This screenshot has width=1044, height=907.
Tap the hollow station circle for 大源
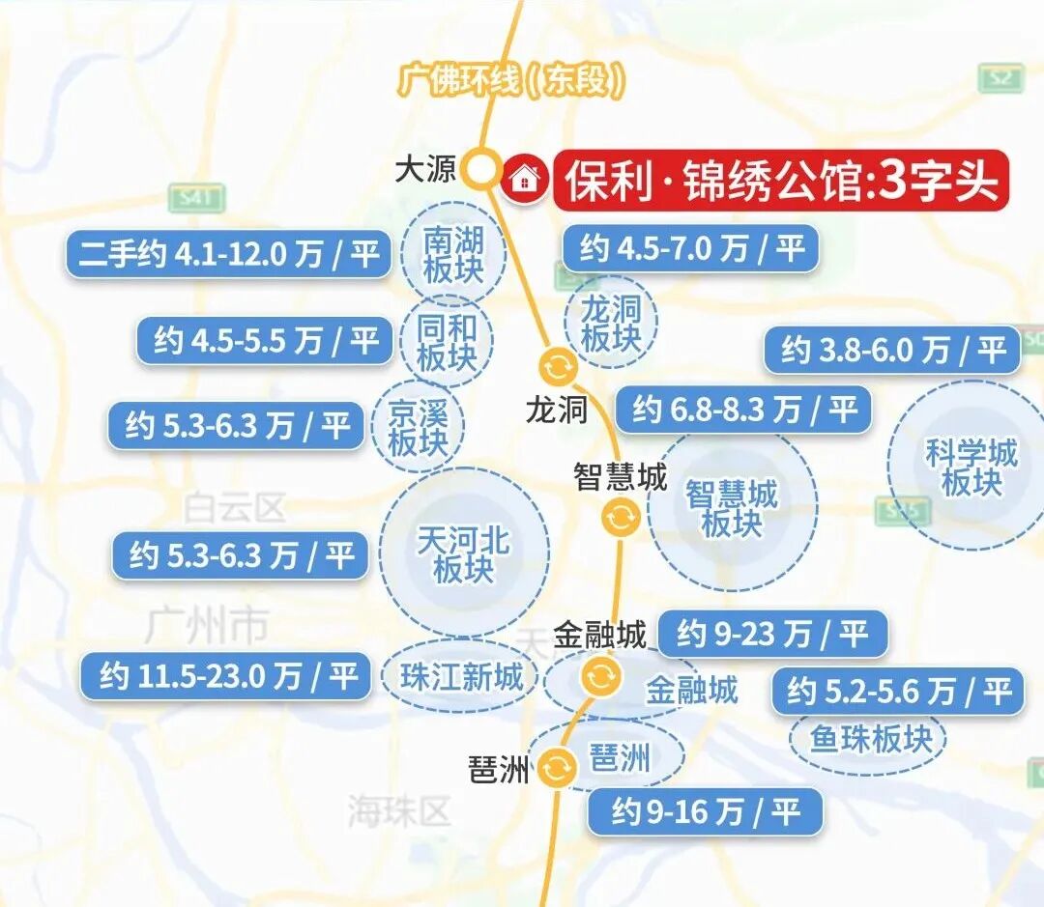(480, 170)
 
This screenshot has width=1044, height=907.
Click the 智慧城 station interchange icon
(620, 518)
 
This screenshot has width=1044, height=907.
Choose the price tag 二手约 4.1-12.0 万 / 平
(228, 255)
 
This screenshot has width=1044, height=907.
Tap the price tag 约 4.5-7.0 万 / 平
(691, 249)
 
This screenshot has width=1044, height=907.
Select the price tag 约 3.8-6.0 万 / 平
(892, 350)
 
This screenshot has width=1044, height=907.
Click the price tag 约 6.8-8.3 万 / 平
(743, 410)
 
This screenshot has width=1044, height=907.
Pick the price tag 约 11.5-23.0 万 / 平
(226, 676)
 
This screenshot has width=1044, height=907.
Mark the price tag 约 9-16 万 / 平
(706, 811)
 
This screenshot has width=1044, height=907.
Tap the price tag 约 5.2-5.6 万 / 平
(898, 691)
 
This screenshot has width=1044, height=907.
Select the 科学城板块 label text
(971, 468)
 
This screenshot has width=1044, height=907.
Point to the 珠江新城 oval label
(461, 676)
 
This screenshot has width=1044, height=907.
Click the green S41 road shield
(195, 198)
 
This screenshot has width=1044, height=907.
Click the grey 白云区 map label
(236, 506)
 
